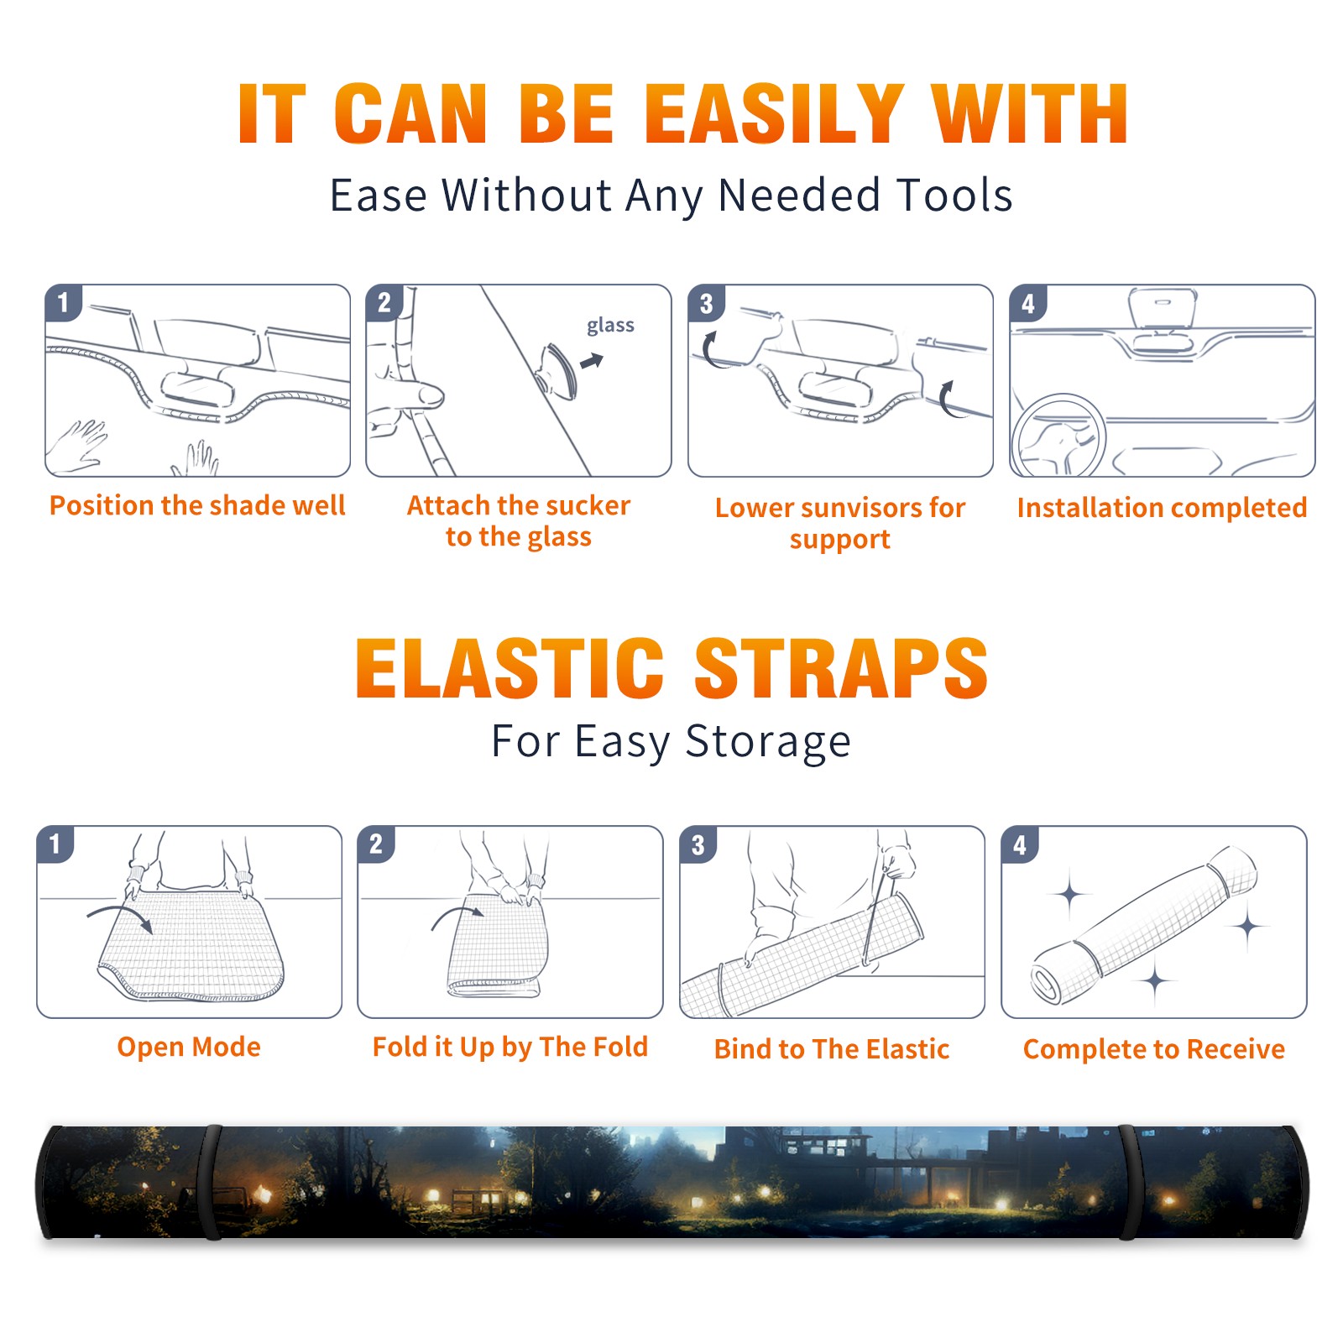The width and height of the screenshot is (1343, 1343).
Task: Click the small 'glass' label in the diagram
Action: click(x=610, y=326)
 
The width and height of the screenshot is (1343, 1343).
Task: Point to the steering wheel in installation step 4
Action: click(x=1058, y=437)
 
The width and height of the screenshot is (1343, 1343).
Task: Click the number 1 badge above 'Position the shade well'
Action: click(x=63, y=302)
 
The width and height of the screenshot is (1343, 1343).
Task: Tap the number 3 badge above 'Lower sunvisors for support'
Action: click(x=706, y=302)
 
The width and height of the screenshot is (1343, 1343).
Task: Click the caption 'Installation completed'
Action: click(x=1162, y=508)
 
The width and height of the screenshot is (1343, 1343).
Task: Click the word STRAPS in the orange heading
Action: click(x=841, y=668)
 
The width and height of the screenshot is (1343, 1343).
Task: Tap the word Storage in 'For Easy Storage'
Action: click(x=768, y=742)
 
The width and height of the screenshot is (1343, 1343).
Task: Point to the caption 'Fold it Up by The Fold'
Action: click(x=510, y=1047)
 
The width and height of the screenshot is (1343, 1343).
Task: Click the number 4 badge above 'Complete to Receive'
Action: click(x=1020, y=844)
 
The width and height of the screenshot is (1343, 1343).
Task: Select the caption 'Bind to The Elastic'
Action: click(x=832, y=1049)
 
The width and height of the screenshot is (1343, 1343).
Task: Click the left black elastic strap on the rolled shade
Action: click(x=212, y=1182)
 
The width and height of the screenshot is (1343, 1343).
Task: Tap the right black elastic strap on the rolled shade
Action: click(x=1129, y=1182)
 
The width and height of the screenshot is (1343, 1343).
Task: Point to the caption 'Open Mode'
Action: click(x=189, y=1047)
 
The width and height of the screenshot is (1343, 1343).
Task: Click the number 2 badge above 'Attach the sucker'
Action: click(x=384, y=302)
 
